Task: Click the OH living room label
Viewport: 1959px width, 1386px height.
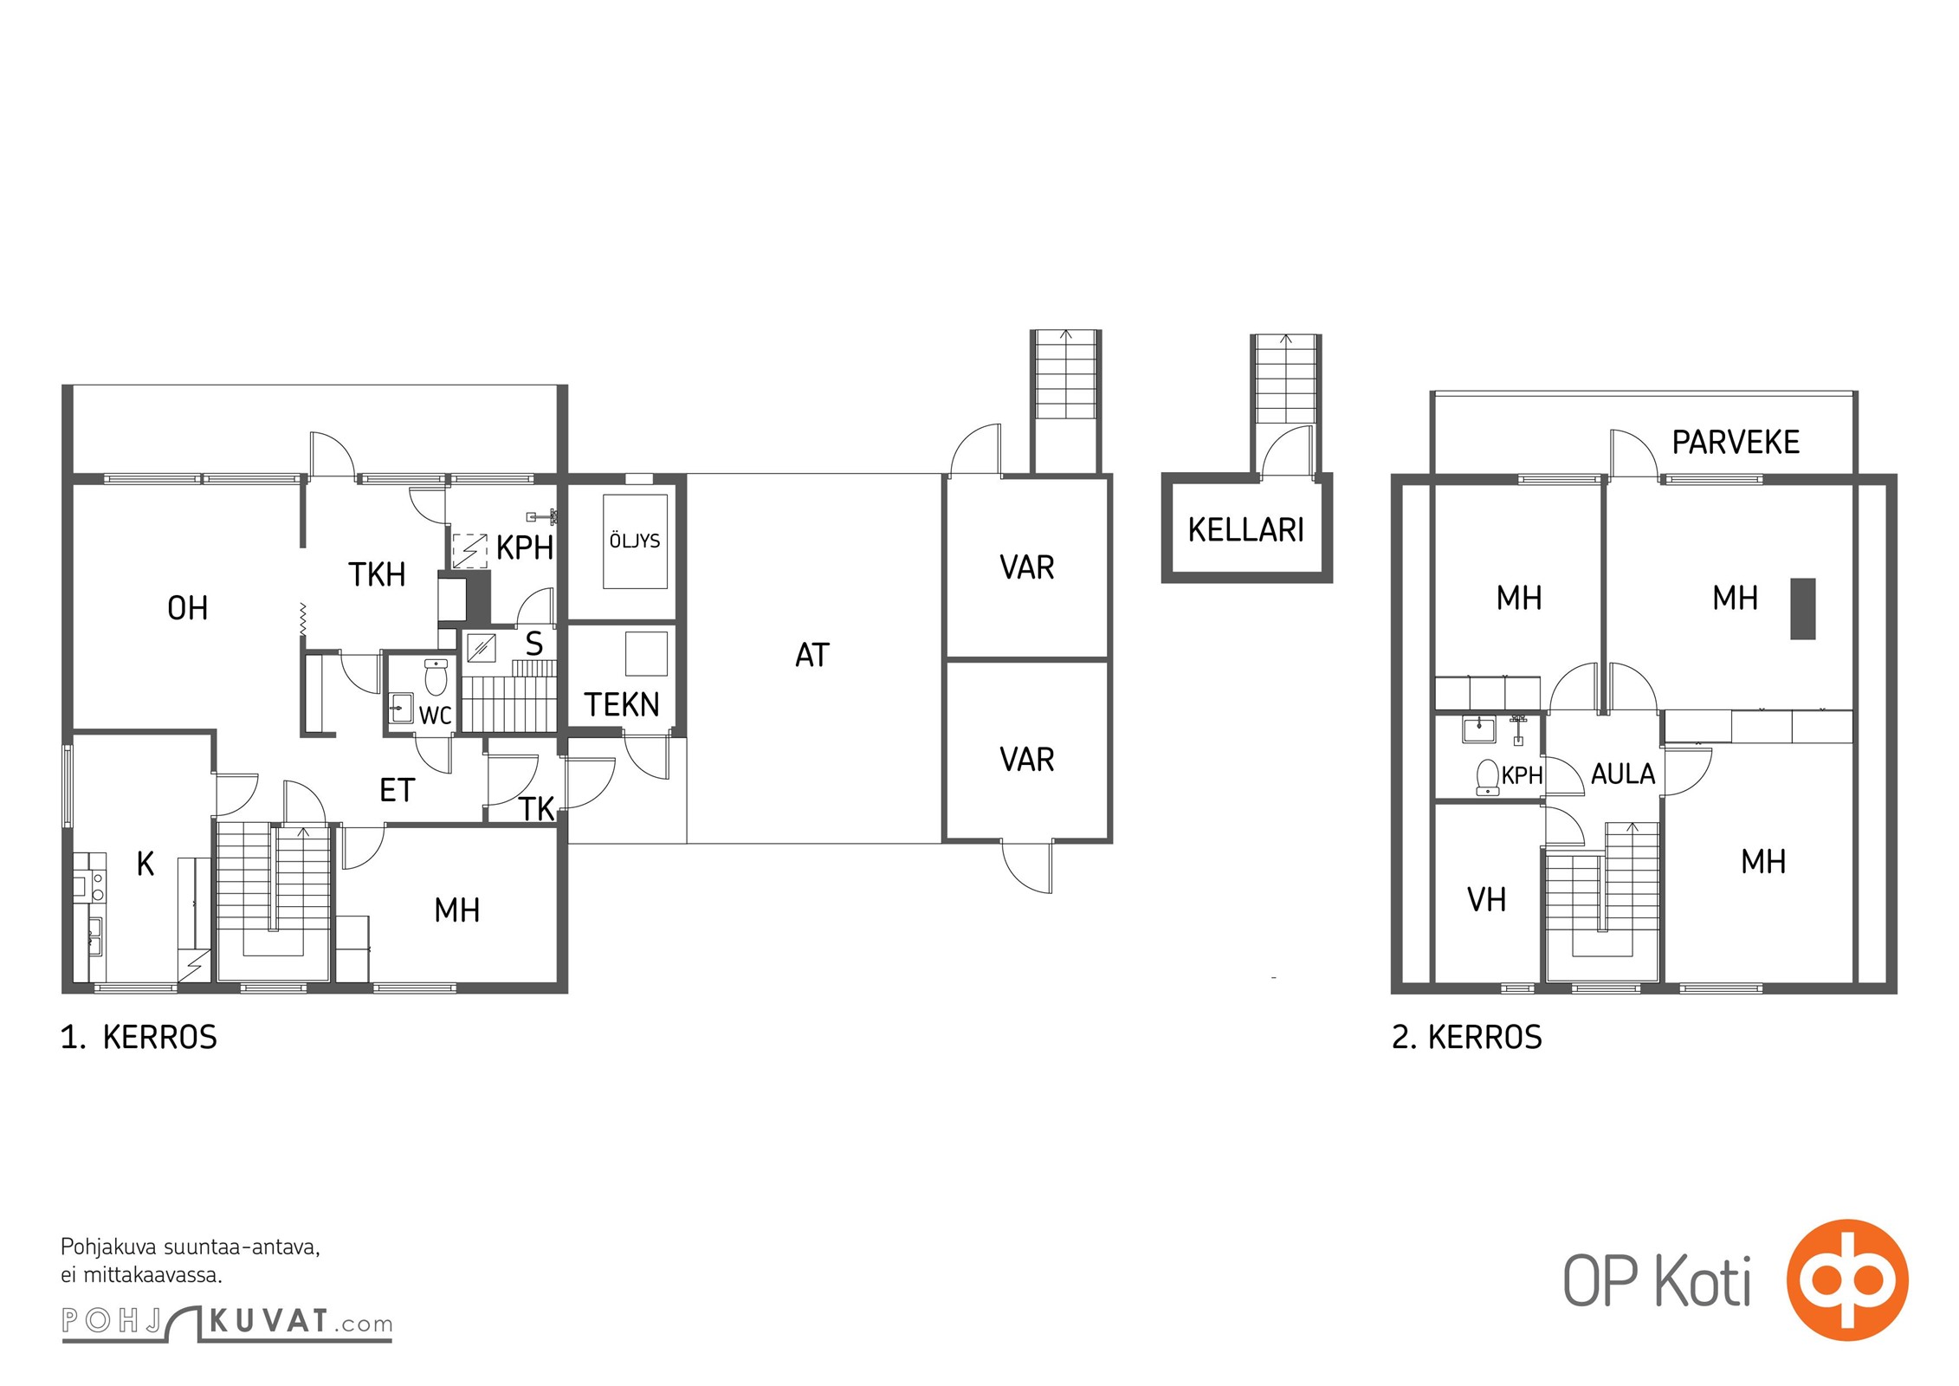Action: [x=187, y=608]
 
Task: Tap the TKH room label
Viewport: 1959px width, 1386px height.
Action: [x=377, y=574]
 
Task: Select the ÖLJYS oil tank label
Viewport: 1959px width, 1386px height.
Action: [x=635, y=541]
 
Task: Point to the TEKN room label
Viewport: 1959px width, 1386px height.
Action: [x=622, y=704]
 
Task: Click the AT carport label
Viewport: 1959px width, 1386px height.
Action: [x=812, y=656]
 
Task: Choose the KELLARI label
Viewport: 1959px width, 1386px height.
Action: [x=1245, y=529]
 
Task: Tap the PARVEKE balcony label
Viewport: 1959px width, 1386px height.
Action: [x=1736, y=443]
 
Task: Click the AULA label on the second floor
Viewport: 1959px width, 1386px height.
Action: [x=1623, y=774]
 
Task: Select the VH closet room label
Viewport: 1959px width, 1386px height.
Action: [x=1486, y=900]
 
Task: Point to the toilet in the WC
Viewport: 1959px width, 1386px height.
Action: [x=436, y=677]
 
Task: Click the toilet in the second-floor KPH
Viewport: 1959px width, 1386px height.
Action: [x=1488, y=777]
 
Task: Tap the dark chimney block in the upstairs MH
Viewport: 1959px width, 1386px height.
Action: [x=1803, y=609]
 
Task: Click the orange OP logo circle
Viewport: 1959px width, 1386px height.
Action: [x=1847, y=1279]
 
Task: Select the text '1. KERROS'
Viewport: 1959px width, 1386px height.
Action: [x=139, y=1037]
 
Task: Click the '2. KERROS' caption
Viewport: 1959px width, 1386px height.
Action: [x=1467, y=1037]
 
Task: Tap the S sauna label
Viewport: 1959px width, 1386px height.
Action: [x=534, y=644]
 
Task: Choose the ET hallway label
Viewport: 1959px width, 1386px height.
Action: [x=398, y=790]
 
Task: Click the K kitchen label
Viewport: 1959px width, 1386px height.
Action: [x=145, y=864]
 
